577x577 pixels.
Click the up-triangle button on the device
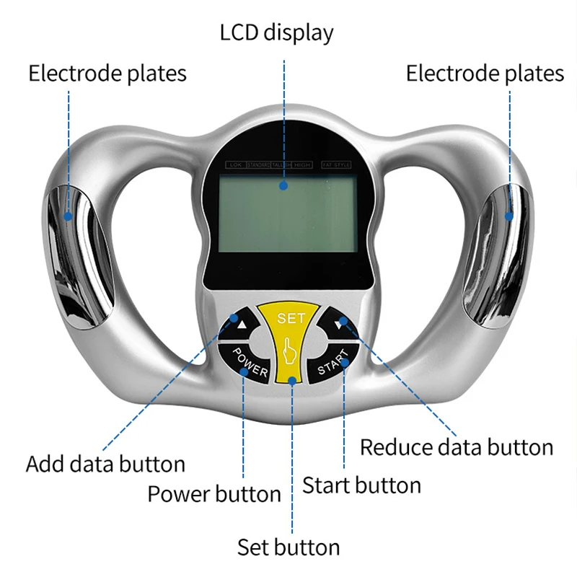coord(241,325)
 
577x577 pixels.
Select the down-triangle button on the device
coord(338,324)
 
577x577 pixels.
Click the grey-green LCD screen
coord(288,213)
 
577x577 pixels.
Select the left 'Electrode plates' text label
coord(107,74)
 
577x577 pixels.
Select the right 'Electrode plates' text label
coord(485,74)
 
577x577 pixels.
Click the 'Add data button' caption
coord(105,464)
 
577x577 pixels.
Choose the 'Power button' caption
coord(214,494)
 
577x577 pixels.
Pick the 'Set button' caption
coord(288,547)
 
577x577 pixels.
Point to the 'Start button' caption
coord(361,485)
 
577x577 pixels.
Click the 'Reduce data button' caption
coord(457,447)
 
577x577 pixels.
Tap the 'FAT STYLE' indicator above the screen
coord(336,165)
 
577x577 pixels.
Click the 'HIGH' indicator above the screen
coord(303,165)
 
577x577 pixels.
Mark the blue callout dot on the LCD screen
coord(284,185)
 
